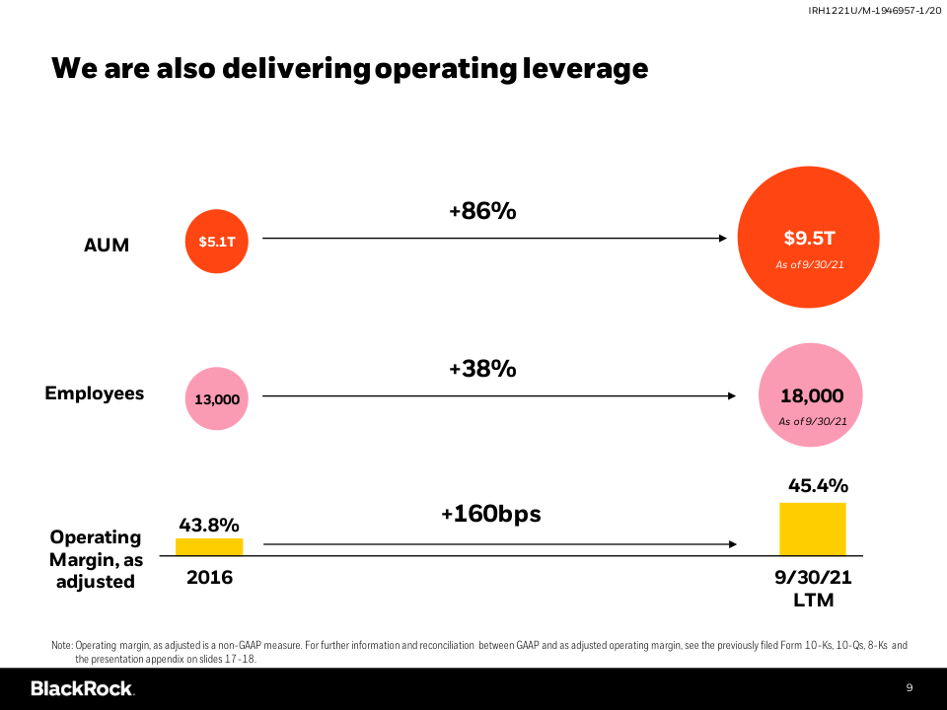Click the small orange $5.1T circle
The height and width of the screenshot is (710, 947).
tap(217, 240)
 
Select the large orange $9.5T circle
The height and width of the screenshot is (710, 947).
tap(808, 241)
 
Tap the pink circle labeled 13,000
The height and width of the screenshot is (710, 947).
tap(217, 398)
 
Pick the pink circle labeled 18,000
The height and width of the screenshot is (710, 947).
tap(811, 396)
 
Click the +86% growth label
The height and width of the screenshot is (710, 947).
tap(482, 210)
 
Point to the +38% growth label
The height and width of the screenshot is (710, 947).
tap(482, 369)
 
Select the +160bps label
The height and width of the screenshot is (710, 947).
tap(490, 514)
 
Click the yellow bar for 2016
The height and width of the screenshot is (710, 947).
tap(209, 546)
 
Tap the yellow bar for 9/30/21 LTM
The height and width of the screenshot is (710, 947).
tap(813, 529)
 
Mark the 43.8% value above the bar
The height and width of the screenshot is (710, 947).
tap(208, 525)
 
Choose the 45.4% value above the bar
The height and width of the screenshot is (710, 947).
tap(818, 485)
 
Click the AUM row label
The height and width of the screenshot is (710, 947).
tap(107, 245)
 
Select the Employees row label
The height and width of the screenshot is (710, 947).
tap(95, 393)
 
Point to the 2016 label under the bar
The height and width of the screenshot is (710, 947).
tap(210, 577)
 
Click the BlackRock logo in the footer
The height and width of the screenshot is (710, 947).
tap(82, 688)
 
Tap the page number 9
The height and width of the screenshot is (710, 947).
tap(910, 687)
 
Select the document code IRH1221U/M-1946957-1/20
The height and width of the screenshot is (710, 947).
tap(871, 11)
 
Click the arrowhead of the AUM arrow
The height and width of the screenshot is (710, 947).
tap(723, 239)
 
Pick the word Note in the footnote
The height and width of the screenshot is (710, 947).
tap(61, 645)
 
